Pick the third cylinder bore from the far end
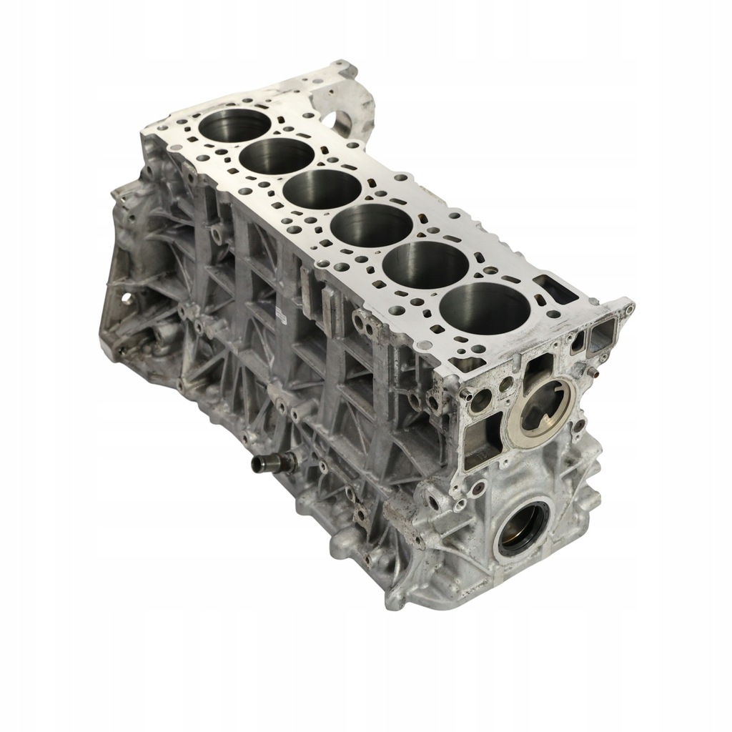[322, 189]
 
